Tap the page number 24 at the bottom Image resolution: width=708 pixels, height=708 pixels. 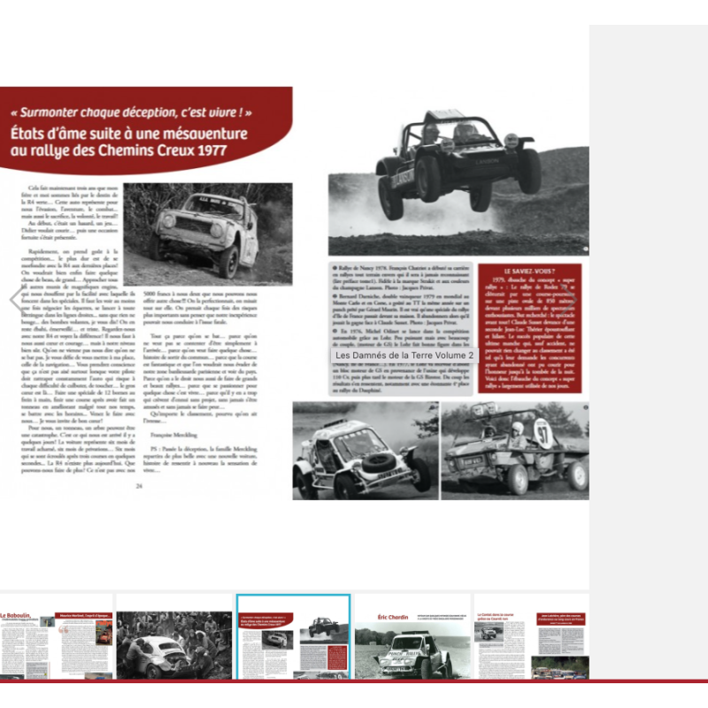(x=138, y=486)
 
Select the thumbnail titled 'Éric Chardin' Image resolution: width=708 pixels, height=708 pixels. (x=412, y=635)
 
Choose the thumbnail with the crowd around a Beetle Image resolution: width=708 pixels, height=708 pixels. (x=173, y=635)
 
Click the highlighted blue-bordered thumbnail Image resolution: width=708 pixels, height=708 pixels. (x=293, y=635)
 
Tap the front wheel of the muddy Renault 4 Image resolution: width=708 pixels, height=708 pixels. (x=228, y=259)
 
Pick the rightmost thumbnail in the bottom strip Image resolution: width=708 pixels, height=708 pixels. (x=531, y=635)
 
